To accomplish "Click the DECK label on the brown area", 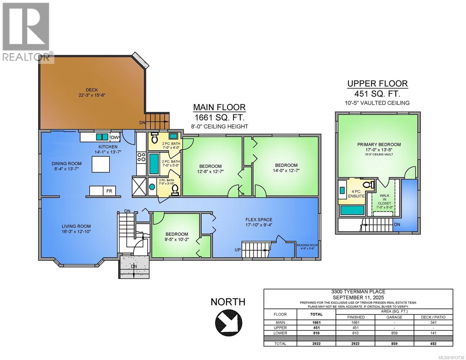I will point(92,90).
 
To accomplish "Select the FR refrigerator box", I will point(109,191).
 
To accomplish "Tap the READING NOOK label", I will point(307,245).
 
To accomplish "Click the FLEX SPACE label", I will point(259,220).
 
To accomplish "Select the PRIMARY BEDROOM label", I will point(379,145).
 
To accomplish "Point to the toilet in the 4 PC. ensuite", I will point(368,184).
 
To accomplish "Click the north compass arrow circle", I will point(228,322).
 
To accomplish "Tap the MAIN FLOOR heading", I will point(219,107).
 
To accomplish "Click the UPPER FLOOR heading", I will point(377,84).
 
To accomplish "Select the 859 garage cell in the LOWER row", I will point(394,333).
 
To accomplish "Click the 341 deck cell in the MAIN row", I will point(433,322).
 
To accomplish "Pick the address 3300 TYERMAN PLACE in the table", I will point(358,292).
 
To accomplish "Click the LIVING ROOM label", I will point(76,226).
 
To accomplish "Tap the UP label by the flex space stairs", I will point(238,250).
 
